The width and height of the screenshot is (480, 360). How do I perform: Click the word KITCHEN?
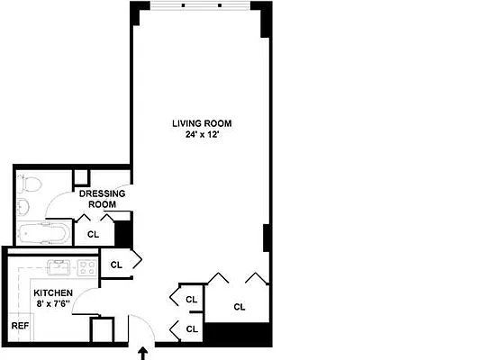click(53, 293)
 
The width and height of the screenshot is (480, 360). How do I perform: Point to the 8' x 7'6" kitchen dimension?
click(53, 305)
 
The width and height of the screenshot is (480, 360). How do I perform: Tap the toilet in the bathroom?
click(30, 186)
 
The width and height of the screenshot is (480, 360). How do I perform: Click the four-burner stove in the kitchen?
click(86, 267)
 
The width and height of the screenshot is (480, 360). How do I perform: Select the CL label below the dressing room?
click(93, 234)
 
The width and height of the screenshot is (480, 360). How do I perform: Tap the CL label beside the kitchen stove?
click(116, 265)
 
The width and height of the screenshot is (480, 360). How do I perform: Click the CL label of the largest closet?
click(239, 307)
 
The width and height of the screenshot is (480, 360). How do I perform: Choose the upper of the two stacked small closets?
click(191, 300)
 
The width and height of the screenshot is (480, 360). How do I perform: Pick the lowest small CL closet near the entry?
click(191, 329)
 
